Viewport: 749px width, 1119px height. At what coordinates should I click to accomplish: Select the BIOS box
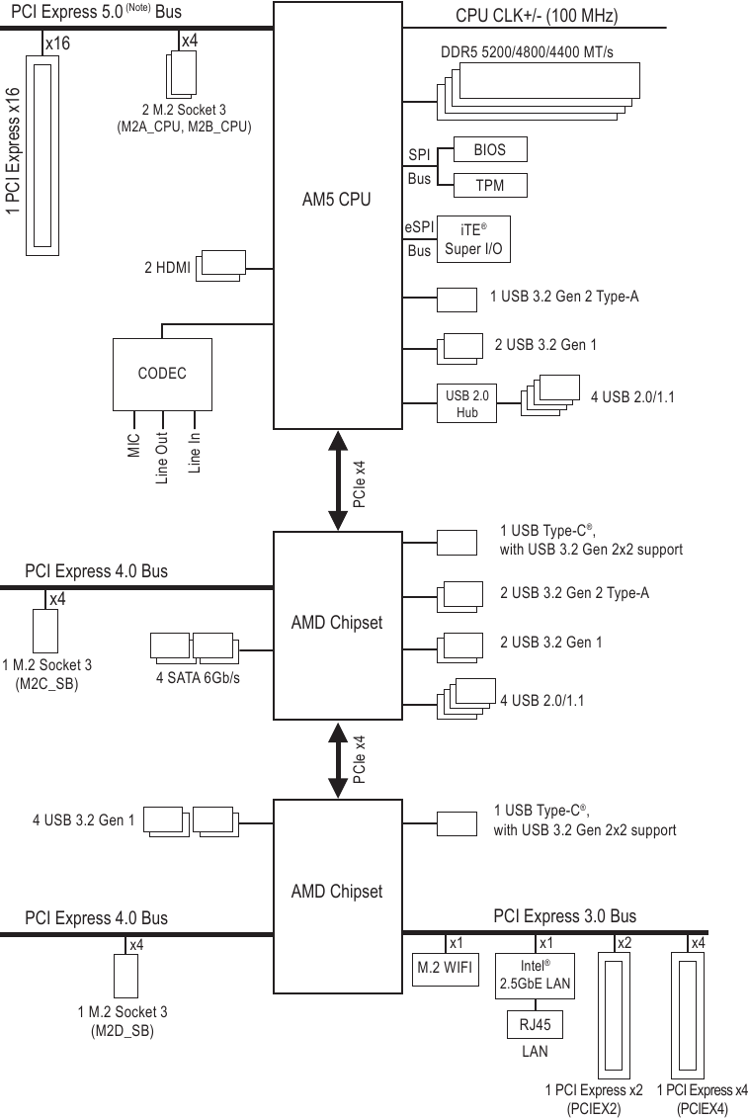489,149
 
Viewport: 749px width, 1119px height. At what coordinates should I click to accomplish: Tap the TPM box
489,185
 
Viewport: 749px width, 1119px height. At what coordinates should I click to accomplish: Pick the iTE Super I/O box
473,238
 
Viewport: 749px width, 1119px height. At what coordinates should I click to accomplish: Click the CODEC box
162,374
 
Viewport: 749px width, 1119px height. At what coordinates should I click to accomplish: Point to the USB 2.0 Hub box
466,403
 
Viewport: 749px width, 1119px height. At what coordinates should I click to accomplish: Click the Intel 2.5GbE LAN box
535,974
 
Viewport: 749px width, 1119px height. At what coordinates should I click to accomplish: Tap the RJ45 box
535,1025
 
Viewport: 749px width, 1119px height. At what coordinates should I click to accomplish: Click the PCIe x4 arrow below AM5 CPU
337,480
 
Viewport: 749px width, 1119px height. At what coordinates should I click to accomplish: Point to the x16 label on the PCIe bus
57,43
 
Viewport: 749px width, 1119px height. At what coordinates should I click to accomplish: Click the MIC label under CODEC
133,446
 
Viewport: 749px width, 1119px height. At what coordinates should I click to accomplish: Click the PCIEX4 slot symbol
688,1012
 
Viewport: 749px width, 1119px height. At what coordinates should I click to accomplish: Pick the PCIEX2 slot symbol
615,1012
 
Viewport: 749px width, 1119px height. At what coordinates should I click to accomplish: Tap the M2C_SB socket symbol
44,630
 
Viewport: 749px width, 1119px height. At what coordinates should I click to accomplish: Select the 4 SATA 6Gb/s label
198,677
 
